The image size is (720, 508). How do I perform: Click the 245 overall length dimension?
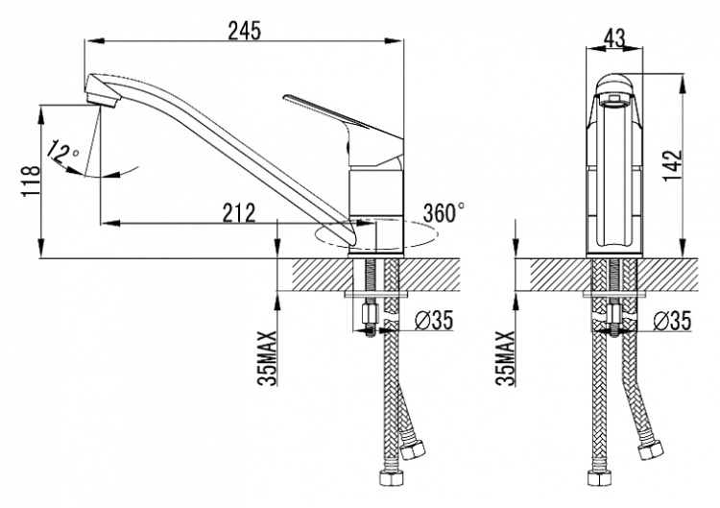[244, 31]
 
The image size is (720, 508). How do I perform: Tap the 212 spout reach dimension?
[239, 212]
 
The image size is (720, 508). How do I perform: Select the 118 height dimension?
[31, 180]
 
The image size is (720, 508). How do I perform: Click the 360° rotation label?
[444, 212]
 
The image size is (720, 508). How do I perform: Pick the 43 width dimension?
[614, 38]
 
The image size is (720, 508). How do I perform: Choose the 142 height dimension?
[673, 165]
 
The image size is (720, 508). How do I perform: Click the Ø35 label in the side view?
[434, 320]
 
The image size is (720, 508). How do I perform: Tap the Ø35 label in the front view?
[672, 321]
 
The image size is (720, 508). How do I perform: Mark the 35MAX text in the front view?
[506, 358]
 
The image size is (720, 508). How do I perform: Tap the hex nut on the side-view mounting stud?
[370, 315]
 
